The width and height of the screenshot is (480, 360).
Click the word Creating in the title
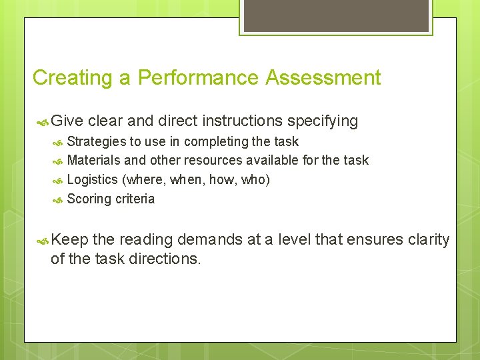(x=73, y=78)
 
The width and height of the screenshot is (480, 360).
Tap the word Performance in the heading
(x=199, y=78)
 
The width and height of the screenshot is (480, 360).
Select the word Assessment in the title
(x=323, y=78)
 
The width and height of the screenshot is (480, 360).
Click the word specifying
(x=323, y=121)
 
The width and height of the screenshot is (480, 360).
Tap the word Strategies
(x=97, y=142)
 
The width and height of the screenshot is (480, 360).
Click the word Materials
(x=93, y=161)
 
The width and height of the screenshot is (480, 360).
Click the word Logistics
(x=92, y=180)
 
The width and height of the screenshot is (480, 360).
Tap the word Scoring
(x=89, y=199)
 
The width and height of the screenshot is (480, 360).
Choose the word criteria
(x=135, y=199)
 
